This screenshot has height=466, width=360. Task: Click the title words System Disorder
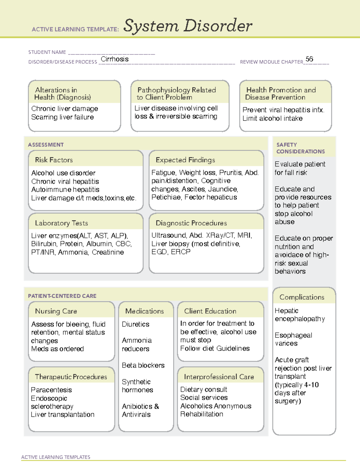187,26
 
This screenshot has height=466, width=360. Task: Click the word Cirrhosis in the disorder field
115,59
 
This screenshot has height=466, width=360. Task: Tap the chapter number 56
309,59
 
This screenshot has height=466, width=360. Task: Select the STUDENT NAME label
47,52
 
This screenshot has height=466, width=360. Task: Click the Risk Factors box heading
54,160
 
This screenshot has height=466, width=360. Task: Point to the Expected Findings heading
185,160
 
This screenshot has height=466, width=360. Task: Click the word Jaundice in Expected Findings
223,189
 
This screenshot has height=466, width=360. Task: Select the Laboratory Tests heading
61,223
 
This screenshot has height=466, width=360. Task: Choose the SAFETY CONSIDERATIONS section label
300,148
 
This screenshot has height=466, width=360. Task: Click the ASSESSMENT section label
46,145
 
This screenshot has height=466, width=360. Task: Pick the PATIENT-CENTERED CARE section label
62,296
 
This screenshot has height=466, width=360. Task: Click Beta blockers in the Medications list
143,365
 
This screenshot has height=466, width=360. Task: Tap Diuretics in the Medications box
136,324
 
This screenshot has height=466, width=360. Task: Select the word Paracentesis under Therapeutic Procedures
51,390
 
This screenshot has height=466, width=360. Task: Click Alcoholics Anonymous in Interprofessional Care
216,406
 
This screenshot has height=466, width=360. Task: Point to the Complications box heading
302,297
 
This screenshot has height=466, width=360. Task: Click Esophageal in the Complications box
293,335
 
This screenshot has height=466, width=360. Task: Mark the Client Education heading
210,311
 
